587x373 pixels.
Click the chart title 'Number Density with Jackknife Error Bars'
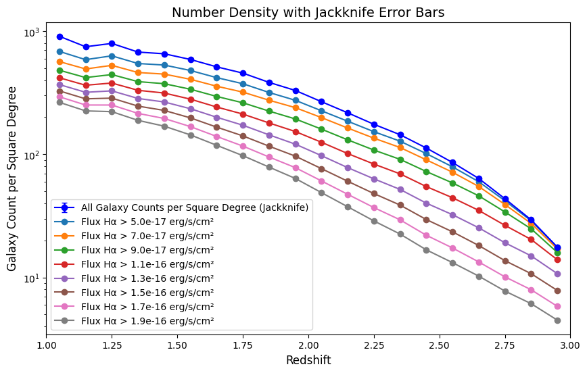tap(308, 12)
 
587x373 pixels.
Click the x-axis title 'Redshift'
tap(308, 360)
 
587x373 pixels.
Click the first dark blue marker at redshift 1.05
tap(60, 36)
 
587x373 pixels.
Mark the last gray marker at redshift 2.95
tap(557, 320)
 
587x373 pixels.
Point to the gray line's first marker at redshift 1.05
tap(60, 102)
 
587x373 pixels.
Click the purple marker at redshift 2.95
tap(557, 274)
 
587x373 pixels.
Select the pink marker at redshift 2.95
tap(557, 306)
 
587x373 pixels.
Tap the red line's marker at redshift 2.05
tap(321, 143)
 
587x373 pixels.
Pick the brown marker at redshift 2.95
tap(557, 291)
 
